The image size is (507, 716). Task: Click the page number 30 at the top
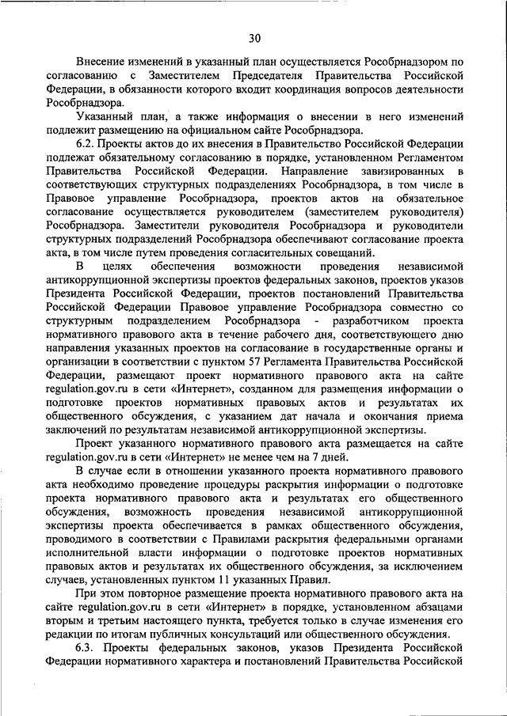pos(253,38)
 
